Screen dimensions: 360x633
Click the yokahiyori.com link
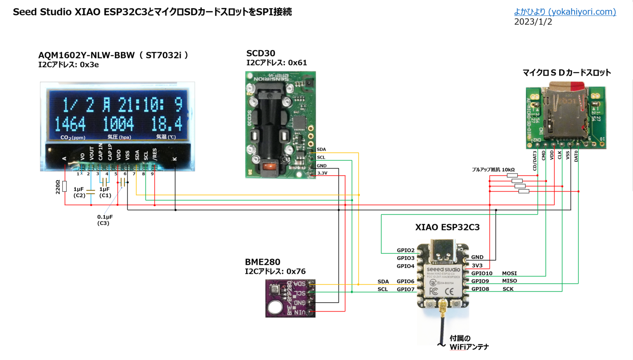[x=565, y=12]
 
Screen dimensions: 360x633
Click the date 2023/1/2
[x=533, y=22]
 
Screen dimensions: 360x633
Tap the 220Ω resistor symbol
[x=65, y=186]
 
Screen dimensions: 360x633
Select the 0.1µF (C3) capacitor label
[x=105, y=220]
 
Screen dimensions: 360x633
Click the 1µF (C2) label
[x=79, y=192]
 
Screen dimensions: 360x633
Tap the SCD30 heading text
[x=260, y=53]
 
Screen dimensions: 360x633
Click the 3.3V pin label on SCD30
[x=322, y=173]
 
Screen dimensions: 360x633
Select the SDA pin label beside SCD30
[x=321, y=150]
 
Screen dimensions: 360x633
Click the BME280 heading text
[x=263, y=262]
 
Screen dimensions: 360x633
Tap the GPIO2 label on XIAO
[x=406, y=250]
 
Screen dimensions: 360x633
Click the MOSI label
[x=509, y=273]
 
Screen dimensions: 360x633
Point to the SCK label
[x=508, y=289]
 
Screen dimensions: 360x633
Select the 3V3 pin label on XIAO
[x=477, y=266]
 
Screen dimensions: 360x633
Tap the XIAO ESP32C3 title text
[x=447, y=227]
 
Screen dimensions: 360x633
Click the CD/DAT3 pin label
[x=535, y=160]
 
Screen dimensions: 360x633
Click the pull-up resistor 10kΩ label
[x=493, y=169]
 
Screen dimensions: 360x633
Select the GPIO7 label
[x=406, y=289]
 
